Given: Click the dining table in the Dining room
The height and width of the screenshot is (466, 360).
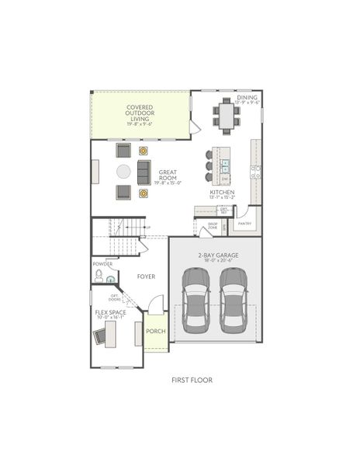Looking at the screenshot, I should coord(227,117).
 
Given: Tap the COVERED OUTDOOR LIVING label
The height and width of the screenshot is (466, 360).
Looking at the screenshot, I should coord(140,113).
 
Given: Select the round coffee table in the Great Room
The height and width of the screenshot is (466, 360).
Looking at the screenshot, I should coord(124,171).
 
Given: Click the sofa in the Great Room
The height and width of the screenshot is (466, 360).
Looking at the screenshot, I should coord(144,172).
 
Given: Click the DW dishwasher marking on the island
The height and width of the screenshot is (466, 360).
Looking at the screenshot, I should coord(225,177).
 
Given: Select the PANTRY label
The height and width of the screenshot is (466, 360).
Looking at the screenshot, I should coord(244,223).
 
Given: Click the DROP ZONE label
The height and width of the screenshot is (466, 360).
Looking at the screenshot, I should coord(212,226).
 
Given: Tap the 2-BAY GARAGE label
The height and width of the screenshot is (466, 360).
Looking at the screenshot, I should coord(215,256).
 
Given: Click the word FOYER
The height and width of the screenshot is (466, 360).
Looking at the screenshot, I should coord(147,276).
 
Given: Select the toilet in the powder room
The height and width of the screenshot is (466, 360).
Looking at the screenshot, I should coord(99,275).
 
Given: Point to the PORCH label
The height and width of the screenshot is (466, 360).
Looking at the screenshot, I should coord(156,331).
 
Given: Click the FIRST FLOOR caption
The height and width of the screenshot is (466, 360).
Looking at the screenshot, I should coord(192,380).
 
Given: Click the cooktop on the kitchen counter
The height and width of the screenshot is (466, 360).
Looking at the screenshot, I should coord(256,173).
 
